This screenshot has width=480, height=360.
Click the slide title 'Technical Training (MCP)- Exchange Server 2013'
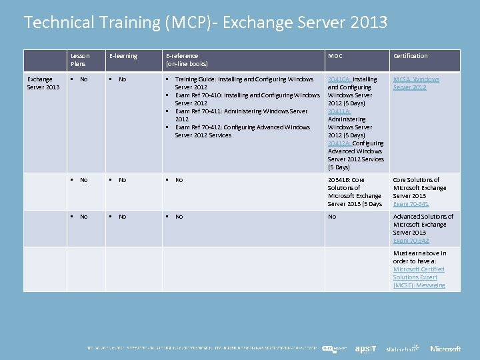tap(205, 23)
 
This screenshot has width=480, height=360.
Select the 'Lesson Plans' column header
tap(80, 60)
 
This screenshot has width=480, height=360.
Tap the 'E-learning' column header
tap(123, 56)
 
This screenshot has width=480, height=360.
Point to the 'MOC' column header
tap(335, 56)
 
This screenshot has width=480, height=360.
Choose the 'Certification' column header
tap(411, 56)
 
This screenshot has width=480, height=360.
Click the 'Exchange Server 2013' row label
tap(43, 83)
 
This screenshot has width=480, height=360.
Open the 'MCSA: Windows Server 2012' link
tap(416, 83)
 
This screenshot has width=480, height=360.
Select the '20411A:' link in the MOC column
tap(339, 111)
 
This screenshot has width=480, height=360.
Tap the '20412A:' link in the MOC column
tap(339, 143)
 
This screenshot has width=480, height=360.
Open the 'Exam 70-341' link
tap(411, 204)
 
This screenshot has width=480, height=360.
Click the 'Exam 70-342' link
tap(411, 241)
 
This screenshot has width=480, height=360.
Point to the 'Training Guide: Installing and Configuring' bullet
tap(244, 79)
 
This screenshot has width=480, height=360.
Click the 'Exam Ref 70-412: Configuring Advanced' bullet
tap(243, 127)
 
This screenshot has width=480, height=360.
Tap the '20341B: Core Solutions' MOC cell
tap(355, 192)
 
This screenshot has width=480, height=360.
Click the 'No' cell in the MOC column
tap(332, 217)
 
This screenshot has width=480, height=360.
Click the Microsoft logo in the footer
tap(445, 348)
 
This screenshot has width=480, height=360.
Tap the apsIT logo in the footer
tap(366, 348)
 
